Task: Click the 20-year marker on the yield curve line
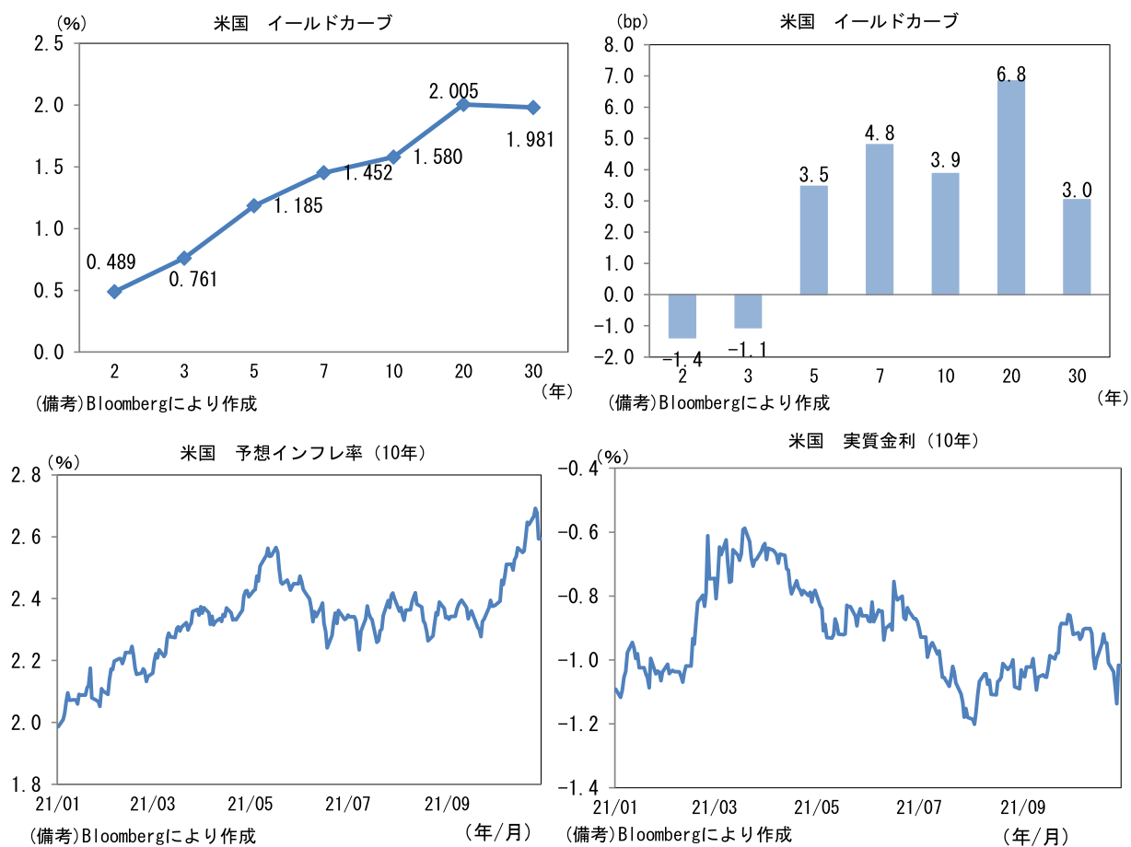(463, 104)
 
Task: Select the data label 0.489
(111, 262)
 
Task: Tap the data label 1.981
(533, 140)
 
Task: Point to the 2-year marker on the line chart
(114, 291)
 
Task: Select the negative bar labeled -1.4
(682, 316)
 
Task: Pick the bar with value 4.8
(880, 219)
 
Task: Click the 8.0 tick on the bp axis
(620, 44)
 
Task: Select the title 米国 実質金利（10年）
(882, 441)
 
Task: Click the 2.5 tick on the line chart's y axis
(46, 43)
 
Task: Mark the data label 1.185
(297, 205)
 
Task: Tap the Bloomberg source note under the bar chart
(718, 402)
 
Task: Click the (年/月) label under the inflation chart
(498, 832)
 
